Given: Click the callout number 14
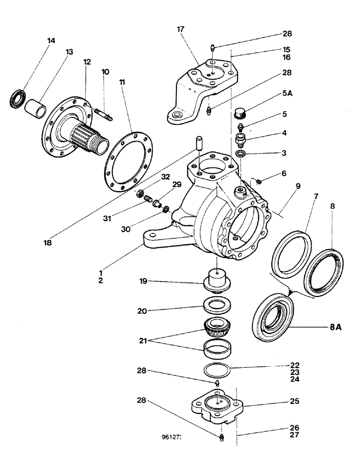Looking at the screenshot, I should pos(51,41).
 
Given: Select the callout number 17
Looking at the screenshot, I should pos(180,29).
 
